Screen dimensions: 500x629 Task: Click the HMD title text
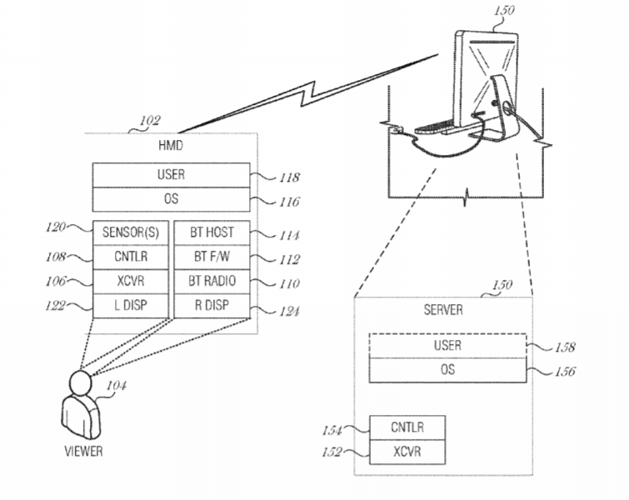pos(170,146)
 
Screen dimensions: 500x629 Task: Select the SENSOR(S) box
pos(131,233)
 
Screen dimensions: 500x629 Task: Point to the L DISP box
pos(131,306)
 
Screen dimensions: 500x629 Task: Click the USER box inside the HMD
pos(170,176)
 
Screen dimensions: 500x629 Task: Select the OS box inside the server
pos(447,368)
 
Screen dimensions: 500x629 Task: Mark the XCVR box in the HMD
pos(131,282)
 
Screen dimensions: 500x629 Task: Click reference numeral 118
pos(289,177)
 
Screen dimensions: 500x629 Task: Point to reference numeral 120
pos(57,227)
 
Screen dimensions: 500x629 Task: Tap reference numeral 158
pos(564,347)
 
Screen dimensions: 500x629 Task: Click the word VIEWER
pos(84,452)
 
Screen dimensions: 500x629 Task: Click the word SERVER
pos(443,310)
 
